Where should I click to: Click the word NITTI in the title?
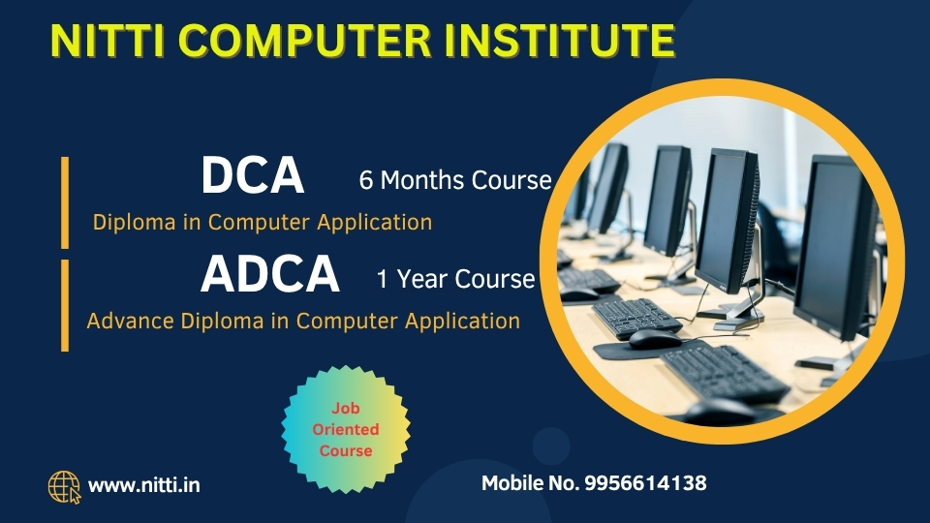tap(108, 41)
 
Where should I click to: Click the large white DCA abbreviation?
tap(253, 175)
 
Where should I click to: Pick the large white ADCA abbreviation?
tap(270, 273)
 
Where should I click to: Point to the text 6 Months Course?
tap(455, 180)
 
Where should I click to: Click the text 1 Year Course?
tap(455, 279)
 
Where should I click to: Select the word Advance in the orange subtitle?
tap(131, 321)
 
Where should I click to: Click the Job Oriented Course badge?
tap(346, 429)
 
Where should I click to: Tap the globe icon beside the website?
tap(64, 487)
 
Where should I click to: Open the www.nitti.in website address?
tap(144, 485)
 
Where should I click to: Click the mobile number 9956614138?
tap(645, 483)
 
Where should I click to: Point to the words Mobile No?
tap(530, 483)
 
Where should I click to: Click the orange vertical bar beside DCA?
tap(65, 202)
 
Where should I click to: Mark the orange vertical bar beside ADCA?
tap(65, 305)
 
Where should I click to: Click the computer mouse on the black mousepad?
tap(655, 339)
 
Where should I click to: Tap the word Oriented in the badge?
tap(346, 429)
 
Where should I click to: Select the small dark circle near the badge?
tap(550, 446)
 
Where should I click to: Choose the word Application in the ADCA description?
tap(463, 322)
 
